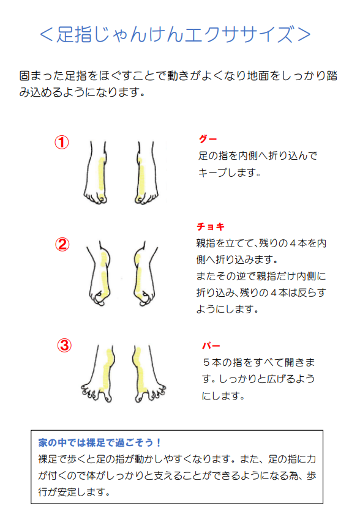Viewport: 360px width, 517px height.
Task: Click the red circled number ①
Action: (62, 143)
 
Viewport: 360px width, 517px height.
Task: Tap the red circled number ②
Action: (62, 245)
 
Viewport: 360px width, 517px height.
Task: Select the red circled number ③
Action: (64, 346)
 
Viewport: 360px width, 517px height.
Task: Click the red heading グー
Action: (208, 139)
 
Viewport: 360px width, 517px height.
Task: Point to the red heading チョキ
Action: (210, 226)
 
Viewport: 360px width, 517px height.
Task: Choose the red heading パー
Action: (211, 346)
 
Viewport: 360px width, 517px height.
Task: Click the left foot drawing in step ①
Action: (96, 173)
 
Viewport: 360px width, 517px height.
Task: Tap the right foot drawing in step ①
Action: (146, 173)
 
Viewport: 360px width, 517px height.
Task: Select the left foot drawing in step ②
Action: (99, 273)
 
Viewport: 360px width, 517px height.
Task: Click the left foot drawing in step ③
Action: (98, 373)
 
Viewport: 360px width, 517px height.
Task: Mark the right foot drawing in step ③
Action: (149, 373)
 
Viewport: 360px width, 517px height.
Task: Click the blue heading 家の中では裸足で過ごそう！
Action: (99, 442)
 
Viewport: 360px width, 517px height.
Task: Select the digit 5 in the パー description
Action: (206, 362)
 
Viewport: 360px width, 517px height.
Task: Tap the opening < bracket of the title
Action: (46, 34)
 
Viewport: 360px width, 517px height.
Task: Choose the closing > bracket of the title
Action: (304, 34)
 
